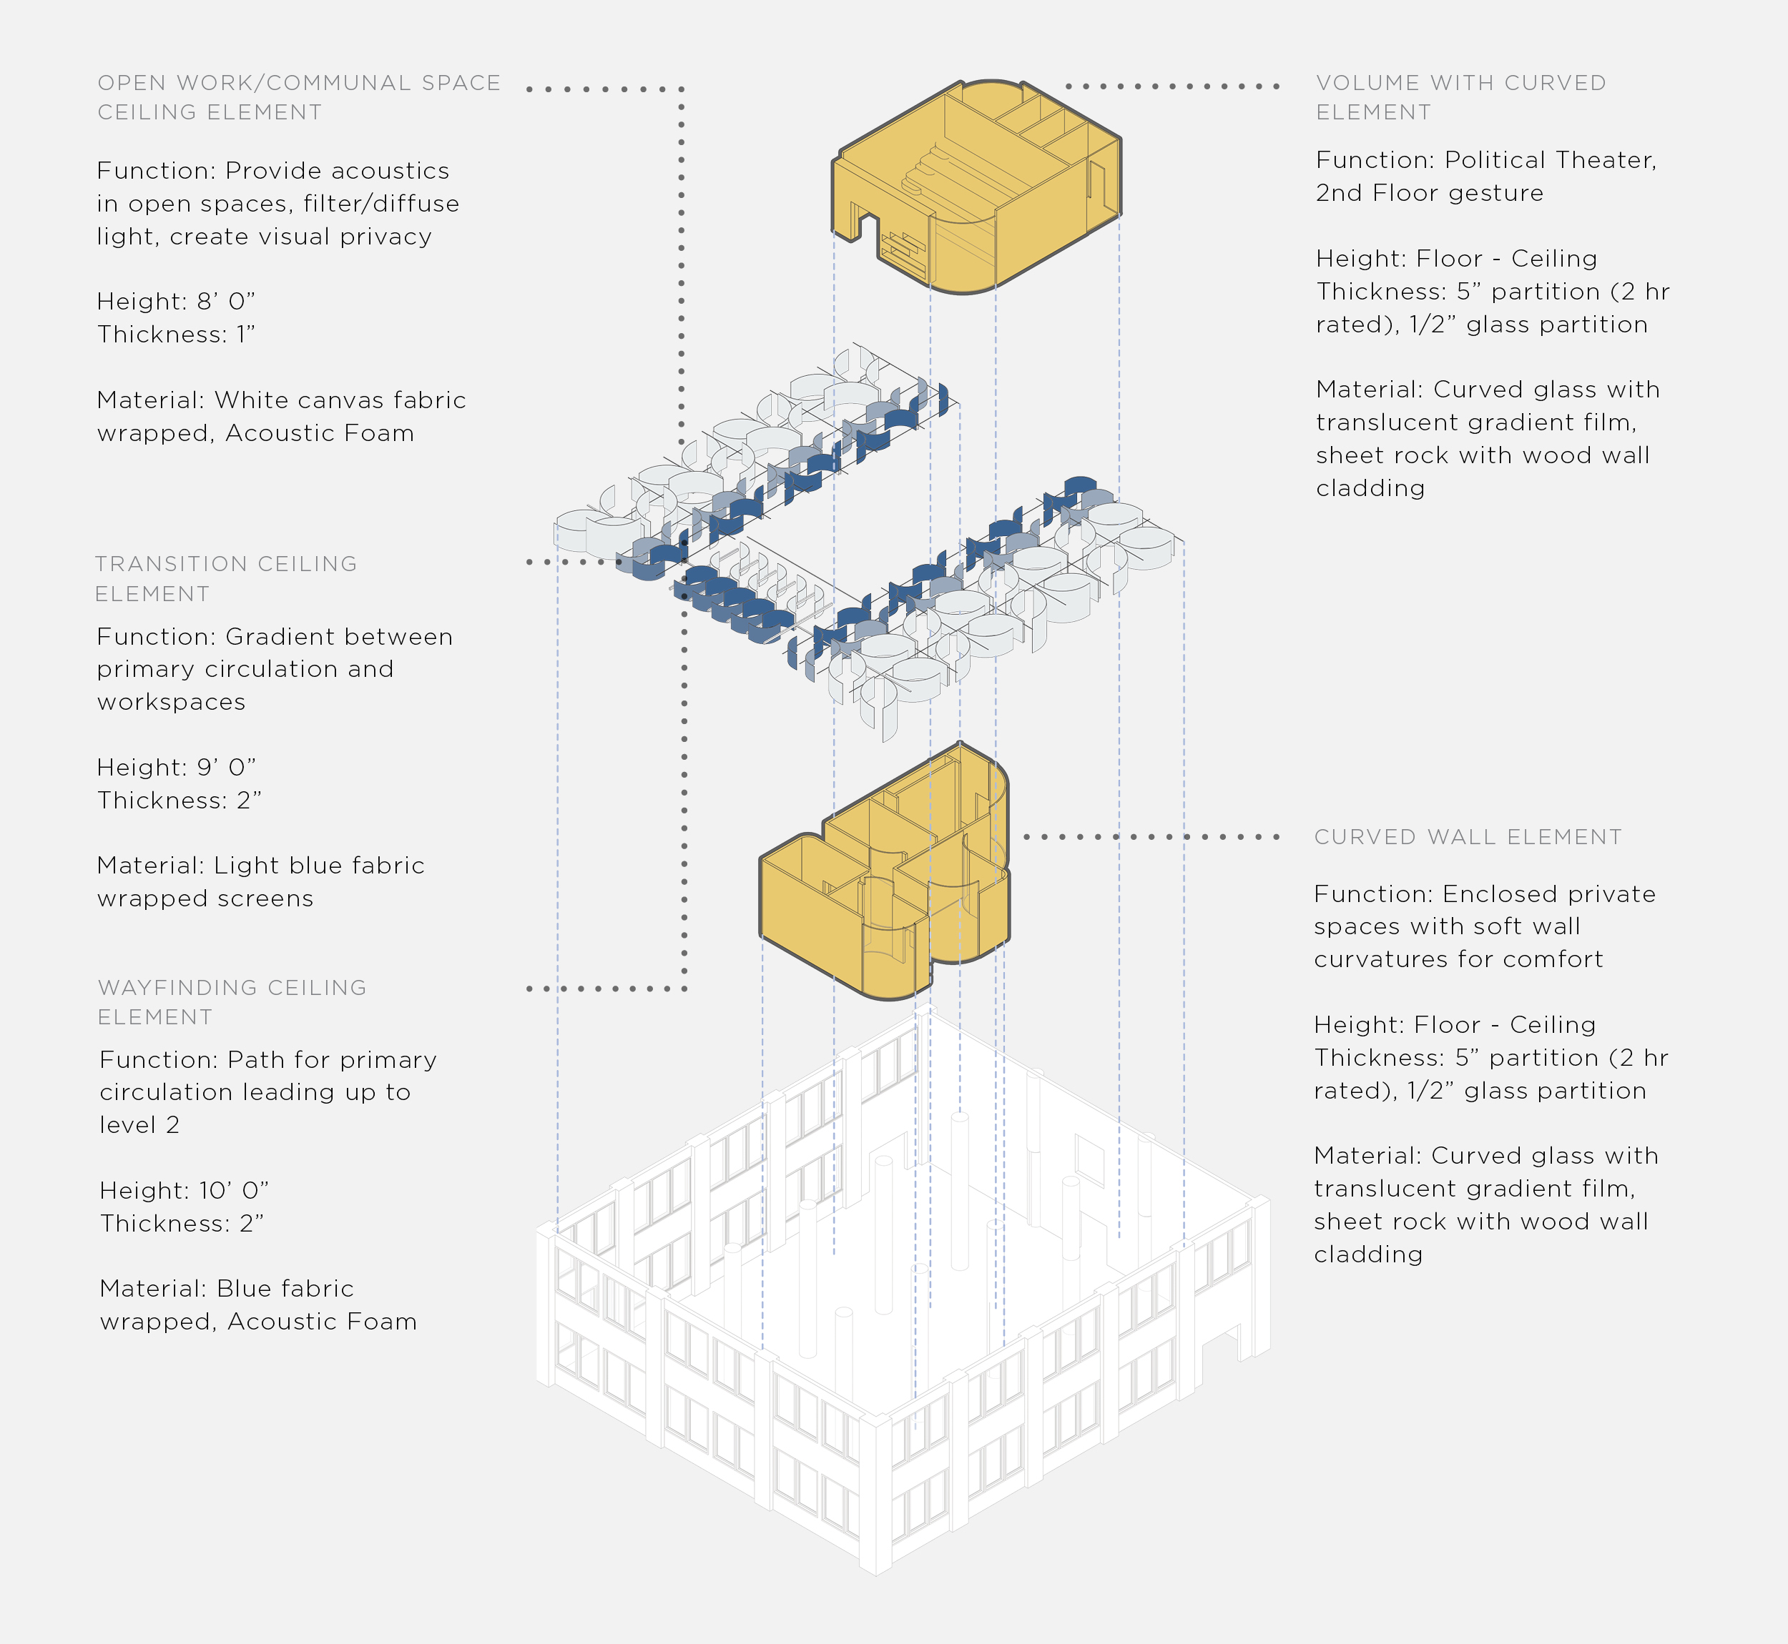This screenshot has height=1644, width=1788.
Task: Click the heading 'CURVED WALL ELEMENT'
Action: (x=1468, y=837)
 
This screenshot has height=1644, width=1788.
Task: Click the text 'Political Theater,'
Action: (x=1551, y=161)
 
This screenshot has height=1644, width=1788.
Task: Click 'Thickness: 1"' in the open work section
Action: (x=176, y=335)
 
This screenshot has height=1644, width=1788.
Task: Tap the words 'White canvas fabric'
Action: (x=340, y=400)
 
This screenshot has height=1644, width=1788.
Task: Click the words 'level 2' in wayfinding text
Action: (x=139, y=1125)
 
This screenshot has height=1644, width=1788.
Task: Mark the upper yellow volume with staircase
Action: (x=976, y=187)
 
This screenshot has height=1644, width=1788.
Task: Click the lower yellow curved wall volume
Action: (x=884, y=872)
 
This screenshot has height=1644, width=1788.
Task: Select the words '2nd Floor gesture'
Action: (x=1430, y=193)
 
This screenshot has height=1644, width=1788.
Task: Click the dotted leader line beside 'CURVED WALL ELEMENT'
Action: (x=1151, y=837)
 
